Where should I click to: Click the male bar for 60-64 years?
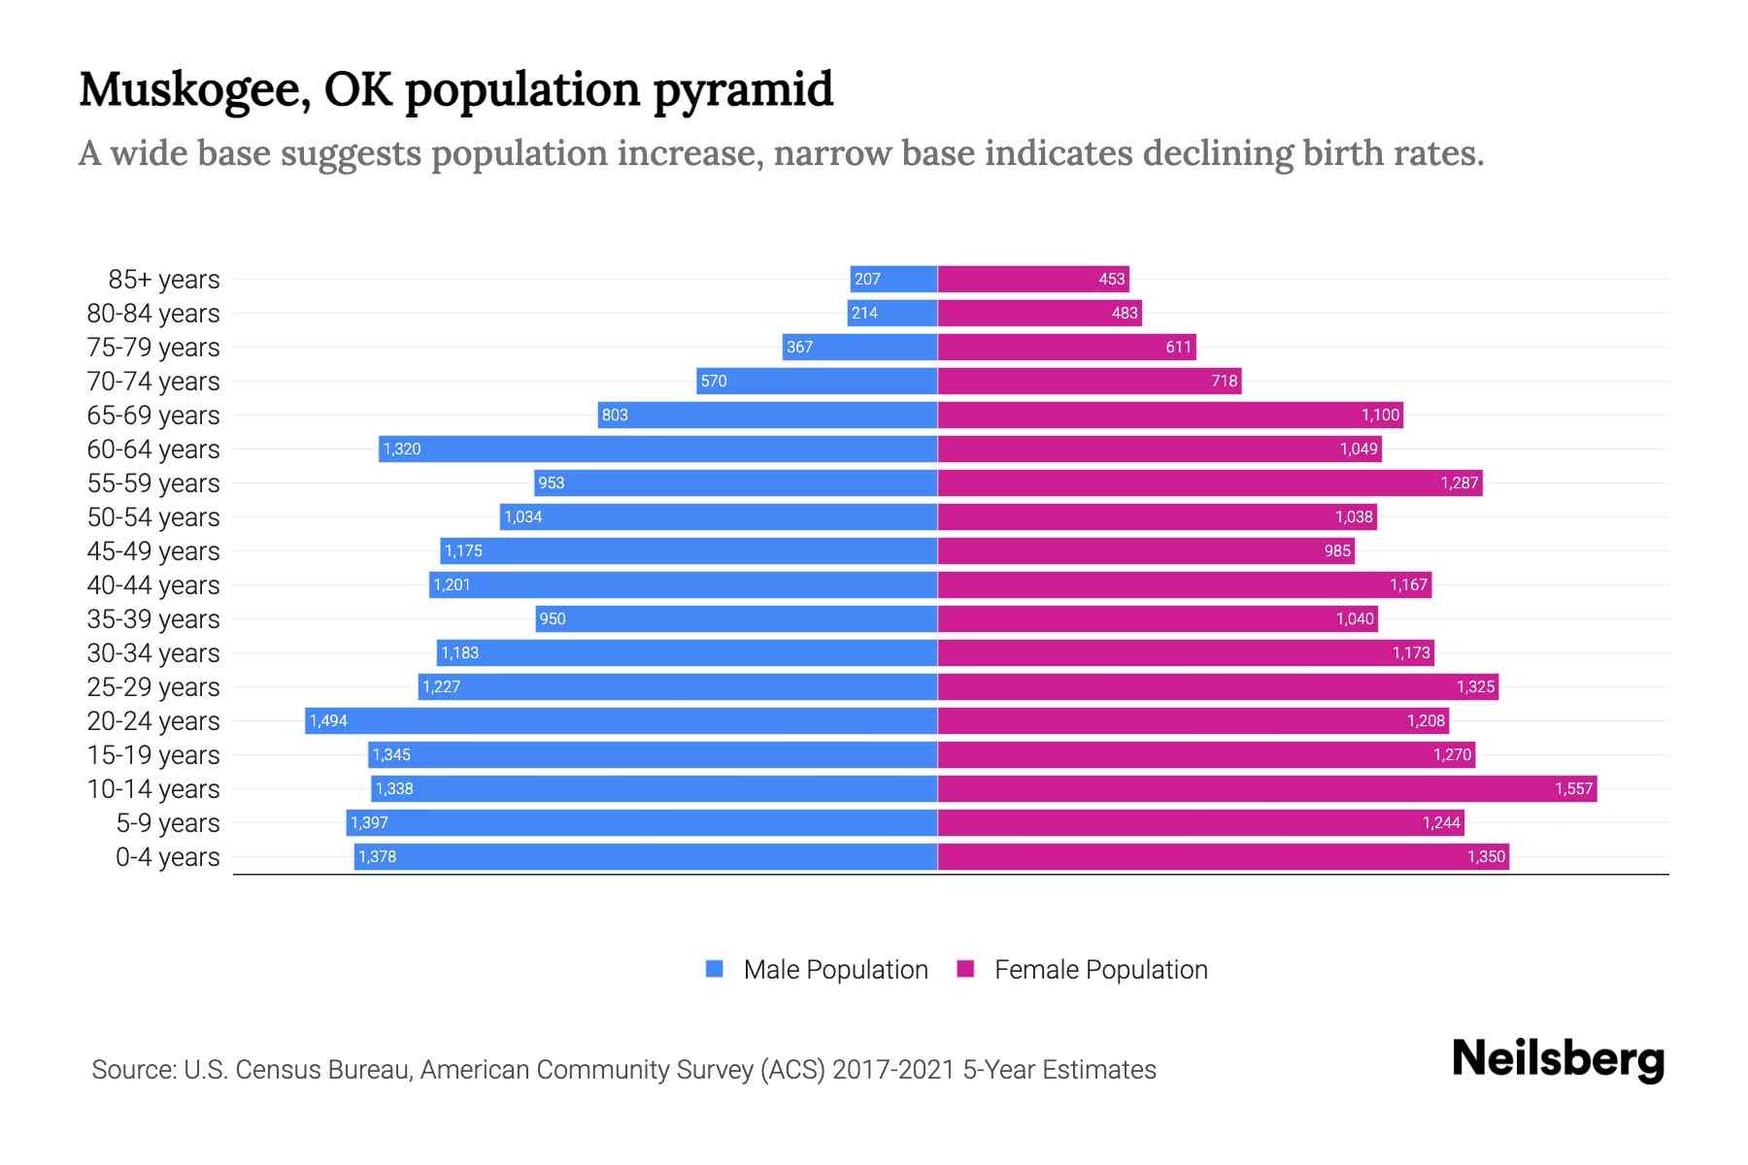pyautogui.click(x=657, y=449)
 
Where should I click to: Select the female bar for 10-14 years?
pyautogui.click(x=1267, y=788)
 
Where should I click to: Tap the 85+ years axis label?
pyautogui.click(x=164, y=280)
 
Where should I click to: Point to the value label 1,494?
pyautogui.click(x=328, y=720)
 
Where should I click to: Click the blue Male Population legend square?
pyautogui.click(x=715, y=969)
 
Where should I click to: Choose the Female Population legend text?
pyautogui.click(x=1100, y=969)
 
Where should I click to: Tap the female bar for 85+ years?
pyautogui.click(x=1033, y=279)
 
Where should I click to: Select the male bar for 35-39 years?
pyautogui.click(x=736, y=618)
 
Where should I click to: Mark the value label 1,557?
pyautogui.click(x=1573, y=788)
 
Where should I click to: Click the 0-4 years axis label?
pyautogui.click(x=167, y=857)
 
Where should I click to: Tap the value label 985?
pyautogui.click(x=1337, y=550)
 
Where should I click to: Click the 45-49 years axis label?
pyautogui.click(x=153, y=551)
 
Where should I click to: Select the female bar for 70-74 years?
pyautogui.click(x=1090, y=381)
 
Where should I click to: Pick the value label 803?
pyautogui.click(x=615, y=415)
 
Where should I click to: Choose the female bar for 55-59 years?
pyautogui.click(x=1210, y=483)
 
